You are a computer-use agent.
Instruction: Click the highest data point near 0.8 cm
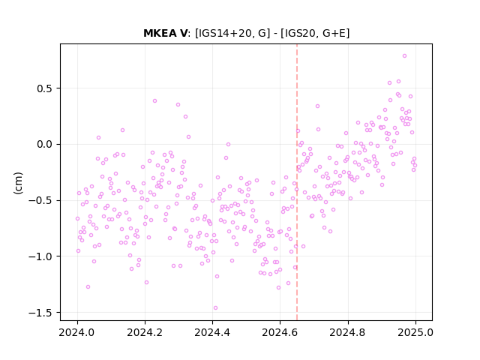tap(404, 56)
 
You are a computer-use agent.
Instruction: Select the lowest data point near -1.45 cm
tap(215, 308)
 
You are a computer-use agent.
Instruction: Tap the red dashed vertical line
tap(297, 182)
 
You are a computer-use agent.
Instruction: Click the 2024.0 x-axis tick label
tap(76, 332)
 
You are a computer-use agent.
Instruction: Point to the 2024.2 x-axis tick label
tap(145, 332)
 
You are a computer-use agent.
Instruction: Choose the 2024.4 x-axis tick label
tap(212, 332)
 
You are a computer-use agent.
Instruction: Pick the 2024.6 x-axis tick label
tap(280, 332)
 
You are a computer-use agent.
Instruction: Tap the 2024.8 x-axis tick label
tap(347, 332)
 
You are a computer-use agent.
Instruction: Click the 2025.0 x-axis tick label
tap(415, 332)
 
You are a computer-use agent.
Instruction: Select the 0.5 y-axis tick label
tap(45, 88)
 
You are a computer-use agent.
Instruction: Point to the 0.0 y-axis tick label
tap(45, 144)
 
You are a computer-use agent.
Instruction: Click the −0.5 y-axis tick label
tap(40, 200)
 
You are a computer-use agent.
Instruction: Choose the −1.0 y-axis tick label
tap(40, 256)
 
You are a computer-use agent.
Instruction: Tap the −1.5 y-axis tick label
tap(40, 313)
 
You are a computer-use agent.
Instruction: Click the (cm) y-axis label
tap(18, 183)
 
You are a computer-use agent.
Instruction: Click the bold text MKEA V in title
tap(165, 33)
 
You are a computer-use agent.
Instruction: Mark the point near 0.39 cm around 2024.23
tap(154, 100)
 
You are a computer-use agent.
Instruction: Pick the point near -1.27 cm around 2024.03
tap(88, 286)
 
